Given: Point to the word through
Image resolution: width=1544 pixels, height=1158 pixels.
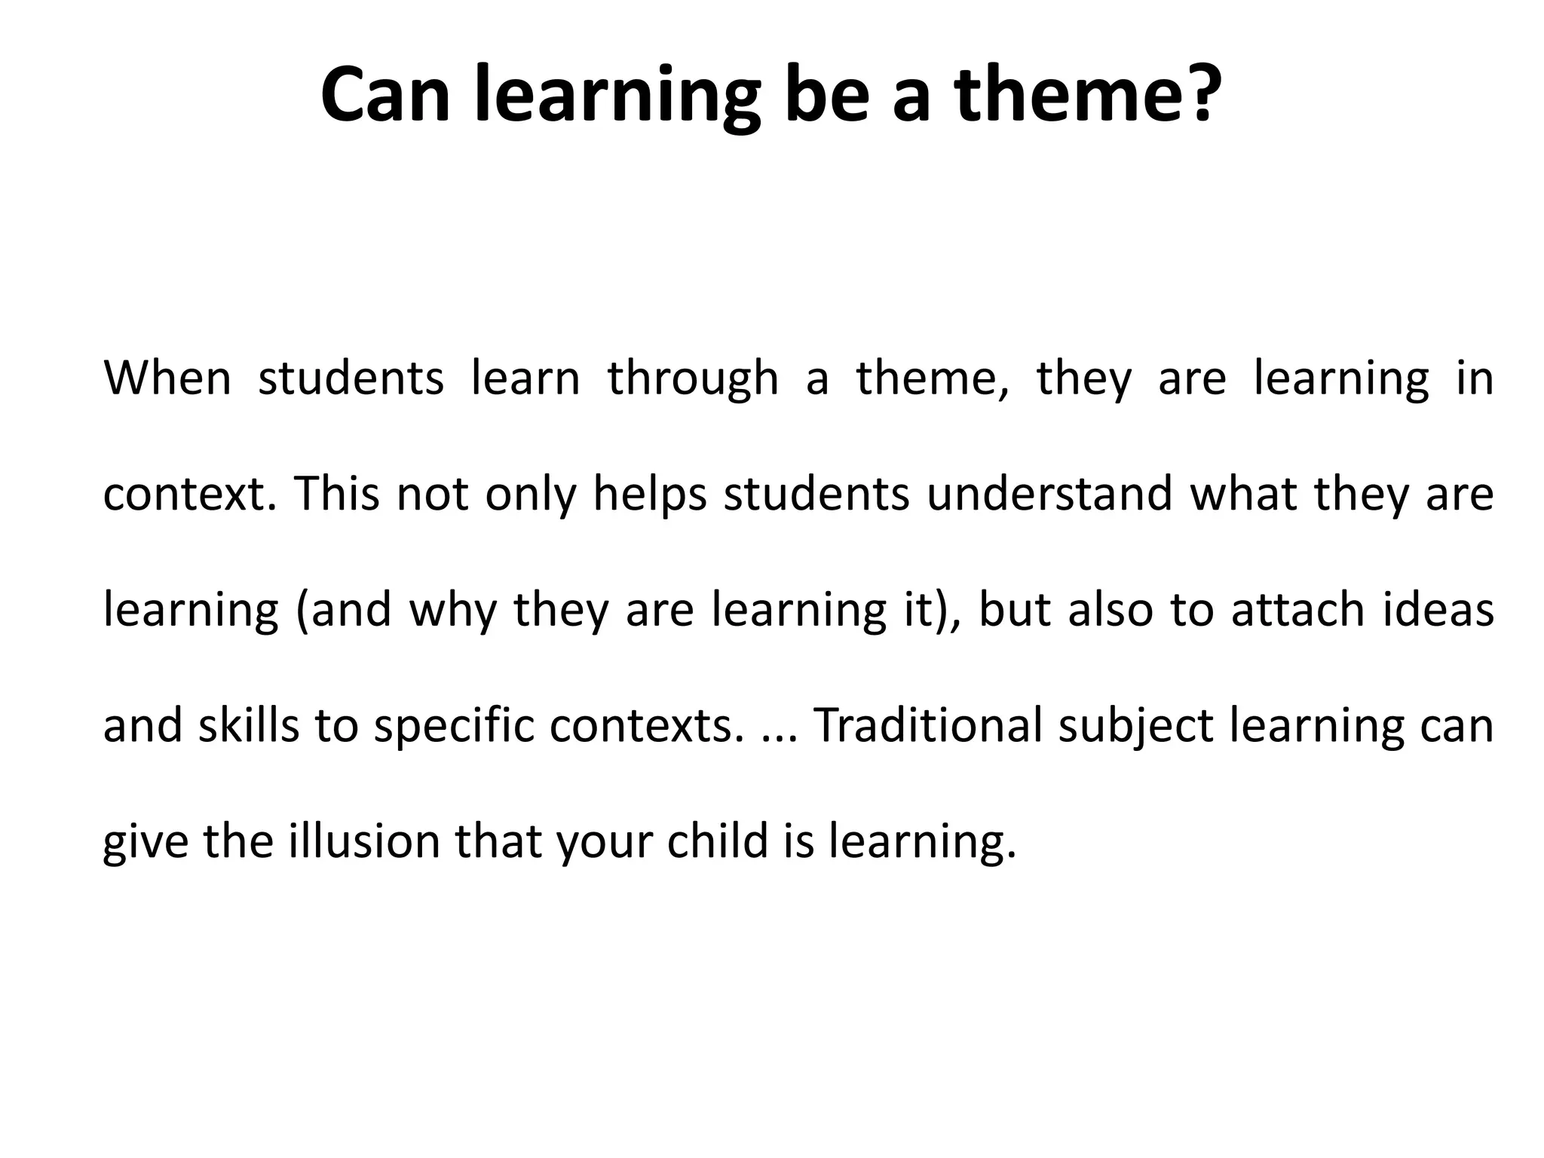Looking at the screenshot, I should pos(693,379).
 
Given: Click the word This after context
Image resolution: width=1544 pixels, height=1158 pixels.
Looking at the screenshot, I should pos(337,494).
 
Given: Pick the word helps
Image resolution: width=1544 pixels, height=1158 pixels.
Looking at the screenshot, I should pos(650,495).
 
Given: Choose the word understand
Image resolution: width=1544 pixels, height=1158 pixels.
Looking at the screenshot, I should pos(1049,494).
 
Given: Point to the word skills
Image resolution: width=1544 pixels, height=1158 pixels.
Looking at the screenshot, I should pos(249,725).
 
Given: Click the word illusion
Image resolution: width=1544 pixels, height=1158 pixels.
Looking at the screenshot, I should pos(364,841).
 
